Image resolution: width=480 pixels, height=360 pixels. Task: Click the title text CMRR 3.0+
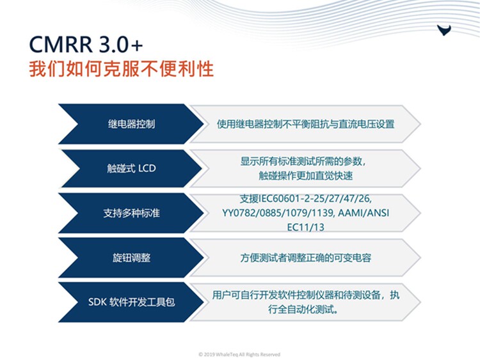[86, 44]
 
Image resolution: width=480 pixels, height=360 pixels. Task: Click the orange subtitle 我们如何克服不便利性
[121, 68]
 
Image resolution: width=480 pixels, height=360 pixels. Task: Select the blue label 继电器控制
[131, 124]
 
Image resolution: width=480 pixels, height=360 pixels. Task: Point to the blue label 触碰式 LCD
[131, 168]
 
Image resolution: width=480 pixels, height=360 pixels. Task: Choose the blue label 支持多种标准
[131, 213]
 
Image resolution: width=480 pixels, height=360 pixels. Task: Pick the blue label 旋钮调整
[131, 258]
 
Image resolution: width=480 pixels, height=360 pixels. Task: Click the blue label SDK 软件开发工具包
[131, 302]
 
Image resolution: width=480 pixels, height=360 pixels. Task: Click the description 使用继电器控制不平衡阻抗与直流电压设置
[305, 124]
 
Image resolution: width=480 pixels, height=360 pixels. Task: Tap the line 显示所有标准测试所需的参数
[303, 162]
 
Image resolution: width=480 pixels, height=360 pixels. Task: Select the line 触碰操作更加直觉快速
[305, 176]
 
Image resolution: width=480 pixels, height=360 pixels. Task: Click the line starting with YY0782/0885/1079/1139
[305, 213]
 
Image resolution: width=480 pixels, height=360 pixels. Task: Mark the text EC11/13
[305, 227]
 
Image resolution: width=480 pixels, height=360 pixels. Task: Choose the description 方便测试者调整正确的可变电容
[305, 258]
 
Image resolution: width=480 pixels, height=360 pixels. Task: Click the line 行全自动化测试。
[303, 309]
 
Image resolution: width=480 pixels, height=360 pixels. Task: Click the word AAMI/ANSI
[364, 213]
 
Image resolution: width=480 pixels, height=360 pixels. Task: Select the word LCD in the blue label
[147, 168]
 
